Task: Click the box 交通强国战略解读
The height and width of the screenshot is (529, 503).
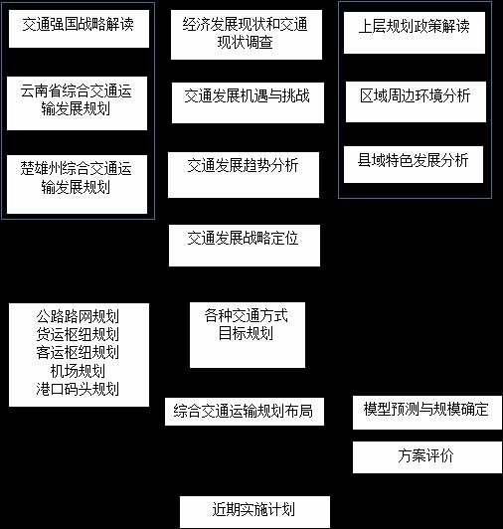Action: (x=79, y=29)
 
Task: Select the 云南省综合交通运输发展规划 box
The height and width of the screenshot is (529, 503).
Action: (x=77, y=103)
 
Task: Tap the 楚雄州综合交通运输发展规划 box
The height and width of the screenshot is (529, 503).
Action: (x=77, y=184)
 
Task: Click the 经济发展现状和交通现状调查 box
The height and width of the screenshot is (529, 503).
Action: (x=247, y=35)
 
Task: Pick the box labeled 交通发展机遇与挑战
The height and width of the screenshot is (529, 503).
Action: (x=248, y=102)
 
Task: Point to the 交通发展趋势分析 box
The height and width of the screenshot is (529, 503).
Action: (x=244, y=175)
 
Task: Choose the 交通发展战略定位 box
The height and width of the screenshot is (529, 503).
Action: (x=245, y=246)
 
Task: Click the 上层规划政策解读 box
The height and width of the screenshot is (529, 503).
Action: (x=415, y=33)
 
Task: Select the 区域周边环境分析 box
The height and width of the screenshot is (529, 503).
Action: (x=416, y=101)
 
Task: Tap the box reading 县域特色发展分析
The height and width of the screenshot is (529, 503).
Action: (x=414, y=165)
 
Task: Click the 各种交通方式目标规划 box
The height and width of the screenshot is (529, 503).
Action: (x=248, y=335)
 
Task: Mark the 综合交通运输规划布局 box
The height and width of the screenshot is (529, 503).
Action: (x=245, y=412)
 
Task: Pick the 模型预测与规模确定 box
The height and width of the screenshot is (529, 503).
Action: (x=427, y=413)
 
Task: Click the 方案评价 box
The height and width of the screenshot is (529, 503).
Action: (x=427, y=457)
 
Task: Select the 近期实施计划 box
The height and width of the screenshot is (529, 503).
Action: (x=254, y=512)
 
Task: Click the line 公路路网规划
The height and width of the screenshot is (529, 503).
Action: (x=78, y=316)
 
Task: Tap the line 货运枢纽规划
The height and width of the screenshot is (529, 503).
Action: (x=78, y=335)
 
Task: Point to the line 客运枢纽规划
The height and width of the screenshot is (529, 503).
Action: (x=78, y=353)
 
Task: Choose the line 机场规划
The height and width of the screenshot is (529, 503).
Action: (x=78, y=371)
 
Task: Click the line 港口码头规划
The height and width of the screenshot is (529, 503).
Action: (x=78, y=389)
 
